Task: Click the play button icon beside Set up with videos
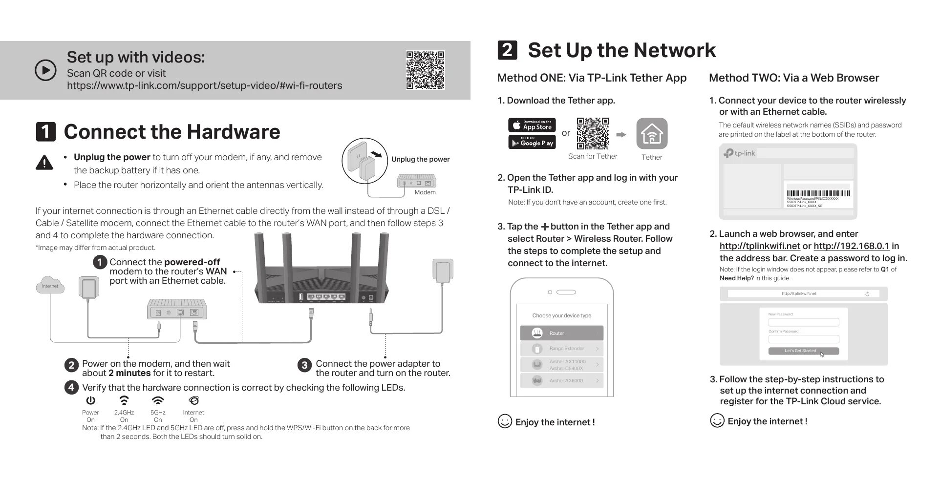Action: (x=45, y=70)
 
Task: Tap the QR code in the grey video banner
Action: (x=425, y=70)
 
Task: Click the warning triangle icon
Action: (x=44, y=162)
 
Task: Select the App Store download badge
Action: (x=532, y=125)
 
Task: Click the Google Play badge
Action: (x=532, y=143)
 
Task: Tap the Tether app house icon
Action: (x=652, y=134)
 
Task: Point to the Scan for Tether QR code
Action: (x=593, y=133)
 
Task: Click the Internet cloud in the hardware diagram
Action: (x=50, y=286)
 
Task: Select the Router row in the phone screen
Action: (x=561, y=333)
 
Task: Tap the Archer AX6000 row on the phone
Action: (x=561, y=380)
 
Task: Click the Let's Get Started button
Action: (x=803, y=351)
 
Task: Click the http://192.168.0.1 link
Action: (x=851, y=246)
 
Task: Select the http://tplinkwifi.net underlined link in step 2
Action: (x=760, y=246)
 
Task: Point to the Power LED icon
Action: (x=90, y=401)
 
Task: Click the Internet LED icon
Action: (x=193, y=401)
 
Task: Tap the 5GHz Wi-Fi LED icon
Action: (x=158, y=401)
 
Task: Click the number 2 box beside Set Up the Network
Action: (x=507, y=50)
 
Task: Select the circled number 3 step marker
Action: (x=304, y=365)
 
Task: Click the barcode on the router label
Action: (x=818, y=193)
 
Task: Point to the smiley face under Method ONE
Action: (x=504, y=421)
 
